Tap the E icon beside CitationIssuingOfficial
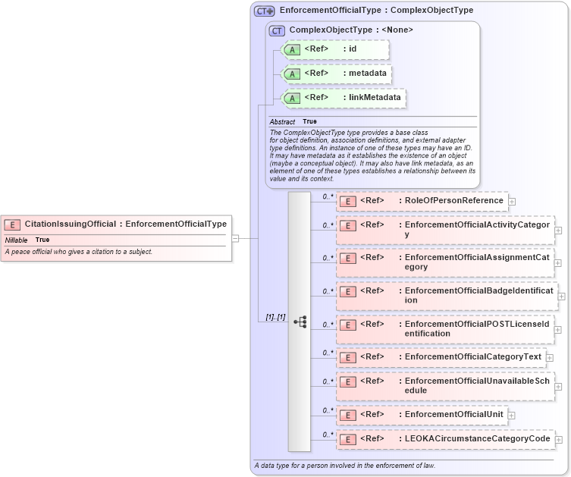[x=13, y=224]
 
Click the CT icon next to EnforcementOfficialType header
[x=264, y=11]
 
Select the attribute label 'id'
[x=353, y=49]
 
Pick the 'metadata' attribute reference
[x=368, y=74]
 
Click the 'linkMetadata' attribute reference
[x=375, y=97]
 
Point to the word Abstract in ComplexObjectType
[x=282, y=121]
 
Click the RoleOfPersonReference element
[x=453, y=200]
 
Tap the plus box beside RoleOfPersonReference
[x=512, y=202]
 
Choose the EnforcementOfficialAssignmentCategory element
[x=478, y=262]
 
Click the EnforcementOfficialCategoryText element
[x=472, y=356]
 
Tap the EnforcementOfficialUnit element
[x=453, y=414]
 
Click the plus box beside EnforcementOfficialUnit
[x=512, y=416]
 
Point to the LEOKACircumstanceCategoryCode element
[x=477, y=438]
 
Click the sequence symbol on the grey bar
[x=300, y=322]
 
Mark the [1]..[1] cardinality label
[x=275, y=316]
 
